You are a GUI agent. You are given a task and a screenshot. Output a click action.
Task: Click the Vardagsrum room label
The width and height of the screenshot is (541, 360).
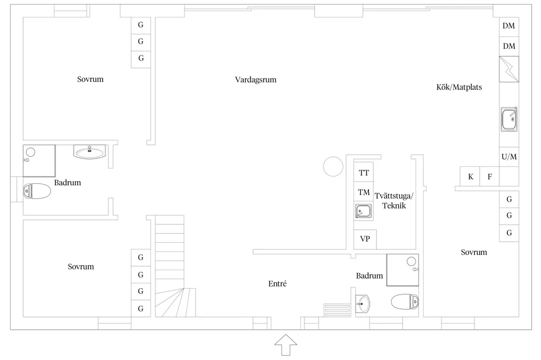click(256, 80)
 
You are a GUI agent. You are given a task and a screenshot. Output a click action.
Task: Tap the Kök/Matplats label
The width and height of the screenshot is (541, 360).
click(459, 87)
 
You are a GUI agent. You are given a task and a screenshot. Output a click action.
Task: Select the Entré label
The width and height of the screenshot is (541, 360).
click(277, 283)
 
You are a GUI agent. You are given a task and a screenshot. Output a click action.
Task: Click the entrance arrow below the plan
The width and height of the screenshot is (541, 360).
click(286, 345)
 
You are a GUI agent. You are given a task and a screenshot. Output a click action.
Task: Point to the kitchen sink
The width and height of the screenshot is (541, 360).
click(509, 119)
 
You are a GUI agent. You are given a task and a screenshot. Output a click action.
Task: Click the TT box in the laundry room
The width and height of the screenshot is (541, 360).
click(363, 173)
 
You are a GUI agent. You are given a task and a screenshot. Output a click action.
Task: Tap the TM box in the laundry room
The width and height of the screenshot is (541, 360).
click(363, 192)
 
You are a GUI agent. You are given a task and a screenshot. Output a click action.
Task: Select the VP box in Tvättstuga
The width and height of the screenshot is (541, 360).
click(365, 239)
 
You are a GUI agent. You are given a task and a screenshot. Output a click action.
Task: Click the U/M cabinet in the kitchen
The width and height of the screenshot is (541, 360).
click(509, 157)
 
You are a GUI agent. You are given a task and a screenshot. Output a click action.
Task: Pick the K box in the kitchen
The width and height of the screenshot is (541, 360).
click(470, 177)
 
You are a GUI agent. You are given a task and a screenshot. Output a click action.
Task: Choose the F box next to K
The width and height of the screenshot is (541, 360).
click(489, 177)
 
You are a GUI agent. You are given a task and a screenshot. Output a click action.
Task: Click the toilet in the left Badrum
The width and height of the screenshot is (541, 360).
click(37, 191)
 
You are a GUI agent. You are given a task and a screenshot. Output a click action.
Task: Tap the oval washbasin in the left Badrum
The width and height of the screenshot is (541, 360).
click(90, 152)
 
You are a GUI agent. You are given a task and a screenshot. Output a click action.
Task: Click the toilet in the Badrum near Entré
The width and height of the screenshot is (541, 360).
click(405, 302)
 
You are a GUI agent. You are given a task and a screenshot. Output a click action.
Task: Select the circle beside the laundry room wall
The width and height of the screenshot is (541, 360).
click(333, 167)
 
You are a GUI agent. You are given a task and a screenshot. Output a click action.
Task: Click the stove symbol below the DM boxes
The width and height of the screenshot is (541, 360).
click(509, 69)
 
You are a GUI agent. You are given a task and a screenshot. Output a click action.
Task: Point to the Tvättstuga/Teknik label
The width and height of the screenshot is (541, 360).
click(394, 201)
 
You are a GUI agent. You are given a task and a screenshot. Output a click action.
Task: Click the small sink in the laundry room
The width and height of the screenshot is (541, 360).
click(363, 211)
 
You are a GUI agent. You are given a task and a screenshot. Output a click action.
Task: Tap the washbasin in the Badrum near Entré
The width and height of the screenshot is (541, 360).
click(362, 304)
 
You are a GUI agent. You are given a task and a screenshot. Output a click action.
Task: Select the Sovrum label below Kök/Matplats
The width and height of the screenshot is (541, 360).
click(474, 252)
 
